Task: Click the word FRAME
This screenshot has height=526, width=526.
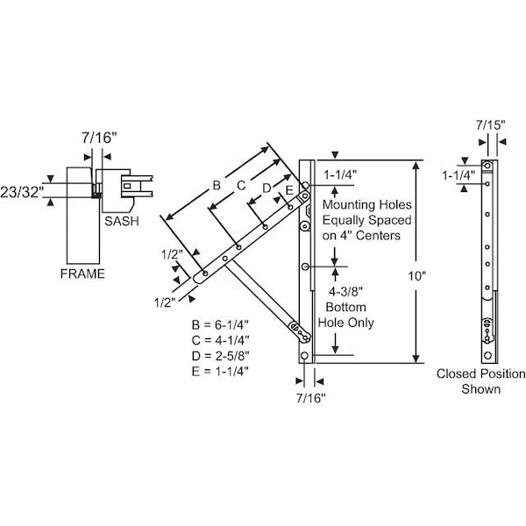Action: (x=82, y=274)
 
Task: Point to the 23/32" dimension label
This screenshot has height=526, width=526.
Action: (x=22, y=190)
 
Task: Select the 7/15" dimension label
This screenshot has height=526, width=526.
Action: (x=490, y=125)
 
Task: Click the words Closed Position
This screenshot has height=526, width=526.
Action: (x=481, y=374)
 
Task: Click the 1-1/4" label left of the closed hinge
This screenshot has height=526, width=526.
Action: (x=458, y=175)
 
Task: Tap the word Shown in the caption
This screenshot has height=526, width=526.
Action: (x=481, y=389)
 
